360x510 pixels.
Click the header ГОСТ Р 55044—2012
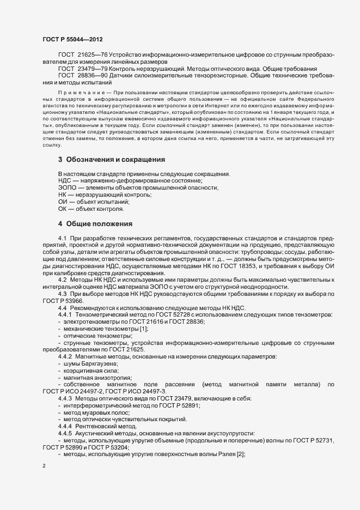pos(72,40)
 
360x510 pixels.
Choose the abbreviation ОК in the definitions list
pos(63,209)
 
